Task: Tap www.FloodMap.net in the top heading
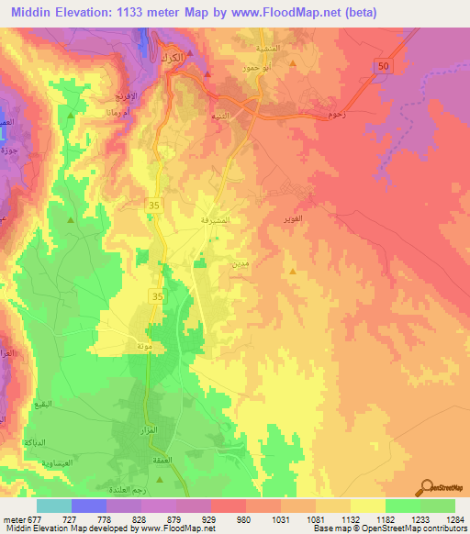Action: pos(287,12)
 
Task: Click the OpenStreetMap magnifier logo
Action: pos(428,487)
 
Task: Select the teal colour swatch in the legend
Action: pos(53,506)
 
